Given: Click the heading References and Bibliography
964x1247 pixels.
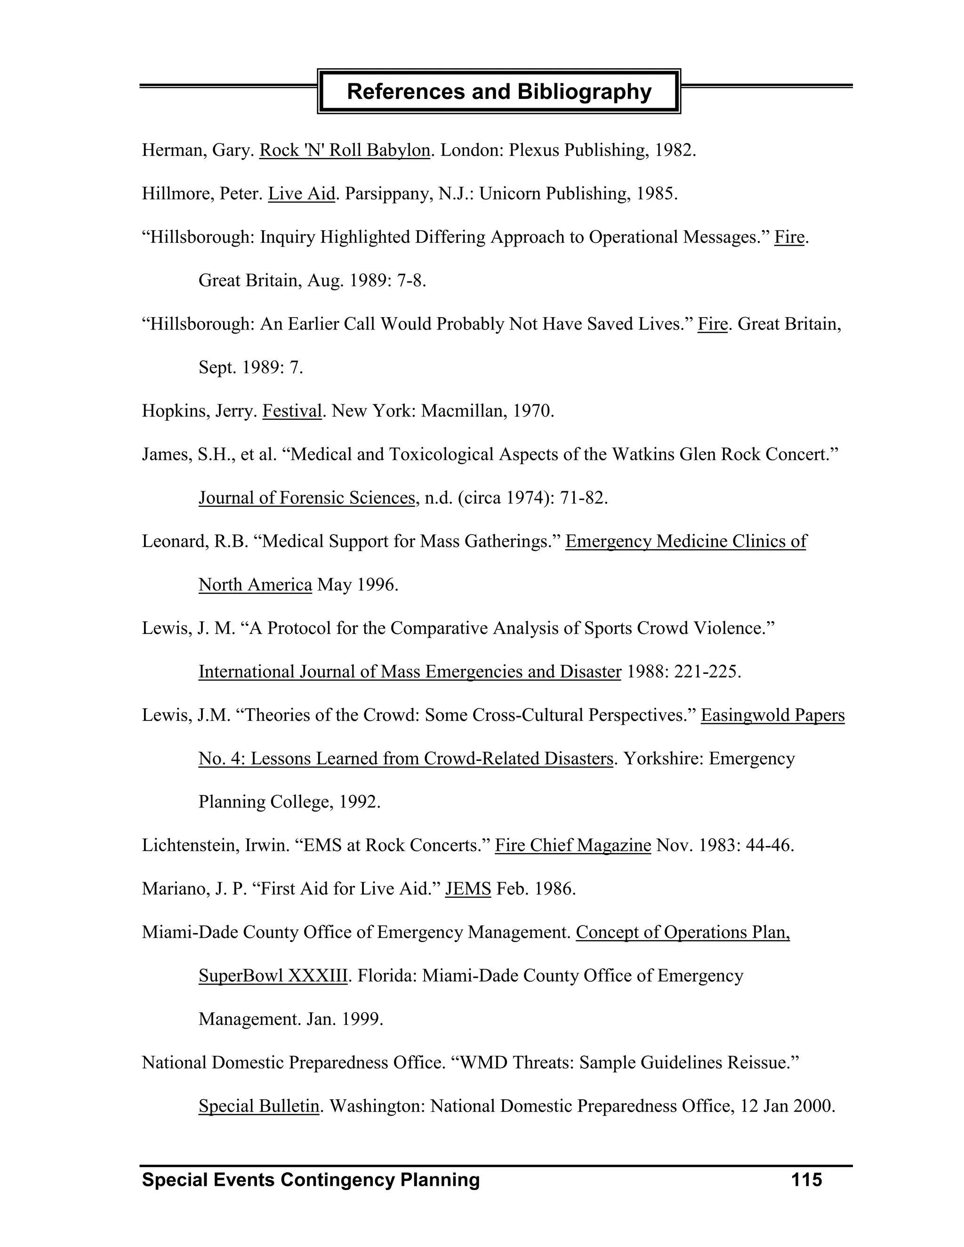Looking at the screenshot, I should click(x=498, y=91).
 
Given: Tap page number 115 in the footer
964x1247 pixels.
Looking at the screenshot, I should click(x=806, y=1179).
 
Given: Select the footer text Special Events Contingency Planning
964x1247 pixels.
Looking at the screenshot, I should click(x=311, y=1179).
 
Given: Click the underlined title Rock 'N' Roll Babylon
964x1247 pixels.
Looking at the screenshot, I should click(x=345, y=150).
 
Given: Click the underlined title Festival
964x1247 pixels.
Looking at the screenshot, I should click(x=292, y=410).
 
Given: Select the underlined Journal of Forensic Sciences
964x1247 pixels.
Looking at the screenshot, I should click(x=307, y=497).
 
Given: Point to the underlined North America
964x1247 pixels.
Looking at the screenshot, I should click(x=255, y=584).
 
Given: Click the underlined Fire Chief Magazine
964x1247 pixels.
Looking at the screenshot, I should click(x=573, y=845).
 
